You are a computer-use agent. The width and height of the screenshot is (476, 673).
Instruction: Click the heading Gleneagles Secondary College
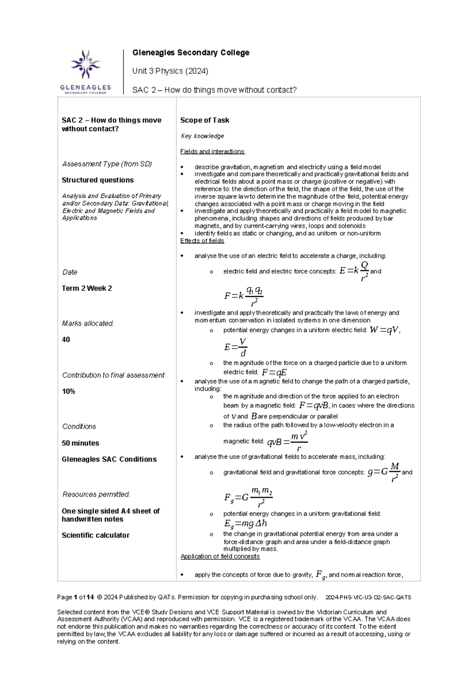coord(191,53)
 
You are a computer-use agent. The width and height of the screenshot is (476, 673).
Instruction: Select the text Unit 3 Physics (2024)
coord(170,71)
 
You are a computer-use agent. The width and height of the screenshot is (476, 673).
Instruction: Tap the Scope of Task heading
coord(205,120)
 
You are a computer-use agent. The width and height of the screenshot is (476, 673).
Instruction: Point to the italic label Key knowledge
coord(202,136)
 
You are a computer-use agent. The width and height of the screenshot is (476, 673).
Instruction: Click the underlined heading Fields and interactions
coord(212,152)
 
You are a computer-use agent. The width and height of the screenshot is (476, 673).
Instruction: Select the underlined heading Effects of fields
coord(202,241)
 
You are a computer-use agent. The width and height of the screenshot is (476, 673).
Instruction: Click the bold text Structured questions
coord(98,180)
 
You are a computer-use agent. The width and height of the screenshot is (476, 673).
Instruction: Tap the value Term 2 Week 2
coord(87,288)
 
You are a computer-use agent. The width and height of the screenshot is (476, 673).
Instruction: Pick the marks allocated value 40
coord(66,340)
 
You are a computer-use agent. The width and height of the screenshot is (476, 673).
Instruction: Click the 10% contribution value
coord(69,392)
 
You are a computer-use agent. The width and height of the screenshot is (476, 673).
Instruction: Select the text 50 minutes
coord(81,443)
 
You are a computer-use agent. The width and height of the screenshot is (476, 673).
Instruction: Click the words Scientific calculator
coord(96,535)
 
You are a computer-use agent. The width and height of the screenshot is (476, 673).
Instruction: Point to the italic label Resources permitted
coord(96,494)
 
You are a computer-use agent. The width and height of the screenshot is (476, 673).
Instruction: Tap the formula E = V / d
coord(236,347)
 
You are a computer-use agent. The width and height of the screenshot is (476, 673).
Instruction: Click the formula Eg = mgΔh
coord(246,524)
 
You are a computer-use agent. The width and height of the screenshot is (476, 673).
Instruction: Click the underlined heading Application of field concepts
coord(220,557)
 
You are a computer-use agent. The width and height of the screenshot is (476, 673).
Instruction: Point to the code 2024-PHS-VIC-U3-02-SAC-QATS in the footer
coord(368,598)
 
